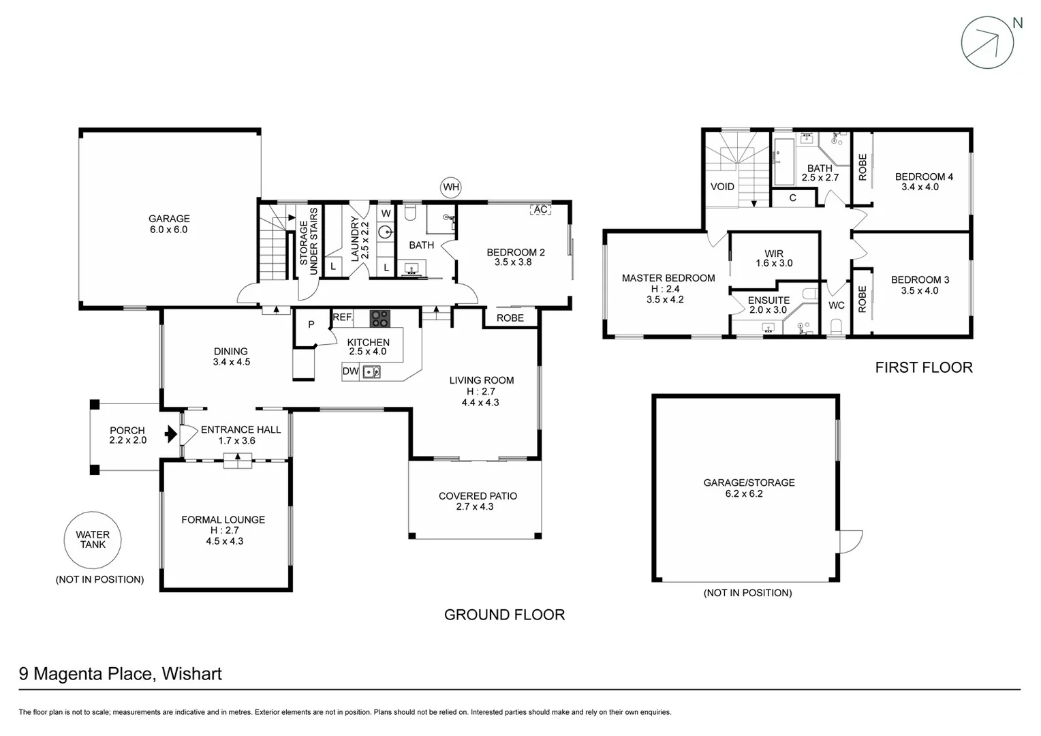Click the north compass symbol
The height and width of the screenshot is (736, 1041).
pyautogui.click(x=987, y=42)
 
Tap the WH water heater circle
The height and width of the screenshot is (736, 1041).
pyautogui.click(x=451, y=187)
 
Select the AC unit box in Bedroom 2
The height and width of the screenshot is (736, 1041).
pyautogui.click(x=540, y=209)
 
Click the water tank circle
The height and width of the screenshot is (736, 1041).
pyautogui.click(x=92, y=540)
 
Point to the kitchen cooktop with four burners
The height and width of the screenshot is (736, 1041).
pyautogui.click(x=380, y=318)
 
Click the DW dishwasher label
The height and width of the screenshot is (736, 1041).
pyautogui.click(x=350, y=371)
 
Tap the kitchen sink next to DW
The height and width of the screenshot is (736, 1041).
pyautogui.click(x=371, y=371)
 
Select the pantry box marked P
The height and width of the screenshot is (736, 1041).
pyautogui.click(x=311, y=325)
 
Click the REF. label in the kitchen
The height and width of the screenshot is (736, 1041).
pyautogui.click(x=343, y=317)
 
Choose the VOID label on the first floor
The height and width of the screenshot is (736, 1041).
pyautogui.click(x=722, y=187)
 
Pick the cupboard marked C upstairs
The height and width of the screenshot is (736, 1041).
pyautogui.click(x=792, y=198)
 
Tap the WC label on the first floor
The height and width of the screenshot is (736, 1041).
pyautogui.click(x=836, y=305)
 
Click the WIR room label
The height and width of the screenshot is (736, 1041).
pyautogui.click(x=774, y=254)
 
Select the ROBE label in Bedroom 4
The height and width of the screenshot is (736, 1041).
pyautogui.click(x=863, y=167)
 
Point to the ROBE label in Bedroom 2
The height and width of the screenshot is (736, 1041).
pyautogui.click(x=510, y=318)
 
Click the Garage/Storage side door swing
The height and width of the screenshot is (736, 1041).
pyautogui.click(x=850, y=541)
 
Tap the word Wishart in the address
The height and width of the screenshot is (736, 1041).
pyautogui.click(x=192, y=674)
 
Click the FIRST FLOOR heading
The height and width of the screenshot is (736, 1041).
pyautogui.click(x=923, y=367)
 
